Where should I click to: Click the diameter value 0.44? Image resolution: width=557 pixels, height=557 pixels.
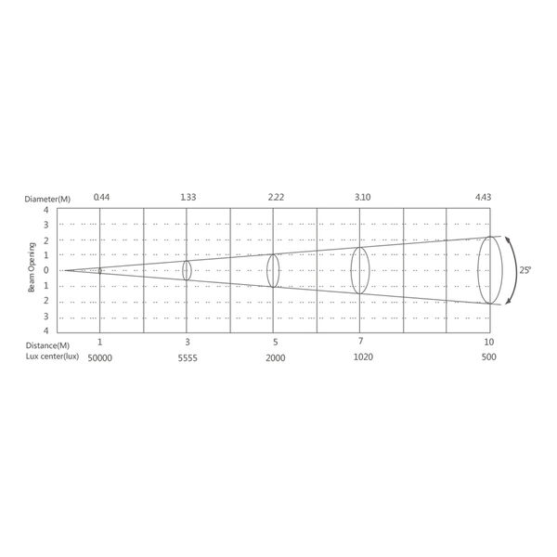[x=101, y=197]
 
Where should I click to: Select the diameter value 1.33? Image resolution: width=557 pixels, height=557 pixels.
[x=188, y=197]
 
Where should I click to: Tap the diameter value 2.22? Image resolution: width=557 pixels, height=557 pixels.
[x=276, y=197]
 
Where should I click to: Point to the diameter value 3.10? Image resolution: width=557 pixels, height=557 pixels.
[x=363, y=197]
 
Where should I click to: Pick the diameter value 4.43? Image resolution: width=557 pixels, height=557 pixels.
[x=483, y=197]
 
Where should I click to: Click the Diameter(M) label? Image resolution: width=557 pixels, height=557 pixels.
[x=47, y=199]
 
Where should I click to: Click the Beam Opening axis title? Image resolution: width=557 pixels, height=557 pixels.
[x=32, y=267]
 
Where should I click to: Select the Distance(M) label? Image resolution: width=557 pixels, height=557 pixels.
[x=47, y=345]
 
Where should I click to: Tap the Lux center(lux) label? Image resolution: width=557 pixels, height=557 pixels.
[x=52, y=356]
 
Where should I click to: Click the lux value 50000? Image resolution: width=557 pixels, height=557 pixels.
[x=100, y=358]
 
